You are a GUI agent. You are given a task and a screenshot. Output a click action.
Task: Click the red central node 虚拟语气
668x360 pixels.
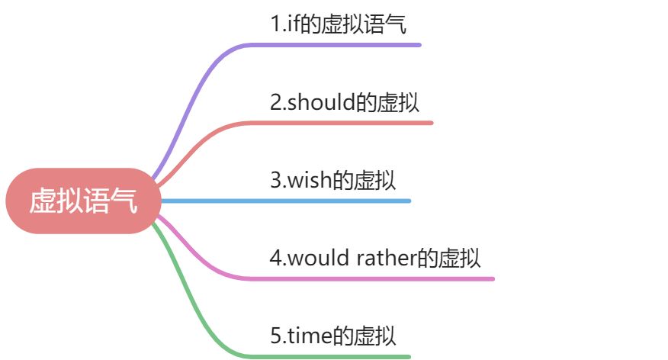pos(83,201)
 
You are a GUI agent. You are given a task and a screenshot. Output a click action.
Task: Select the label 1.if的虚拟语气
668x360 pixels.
pos(338,24)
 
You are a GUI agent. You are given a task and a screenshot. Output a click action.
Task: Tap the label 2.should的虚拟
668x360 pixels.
pos(345,103)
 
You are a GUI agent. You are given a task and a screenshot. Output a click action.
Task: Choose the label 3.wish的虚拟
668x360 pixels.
pos(332,181)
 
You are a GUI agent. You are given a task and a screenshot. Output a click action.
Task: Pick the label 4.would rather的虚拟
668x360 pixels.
pos(374,258)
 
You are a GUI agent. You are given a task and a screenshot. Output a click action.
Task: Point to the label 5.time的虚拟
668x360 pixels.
pos(333,336)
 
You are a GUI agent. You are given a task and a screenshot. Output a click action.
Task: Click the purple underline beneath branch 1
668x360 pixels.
pos(343,45)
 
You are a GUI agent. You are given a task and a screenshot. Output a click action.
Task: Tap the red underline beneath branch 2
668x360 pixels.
pos(351,123)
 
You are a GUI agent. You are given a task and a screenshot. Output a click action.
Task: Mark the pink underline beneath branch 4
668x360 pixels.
pos(381,278)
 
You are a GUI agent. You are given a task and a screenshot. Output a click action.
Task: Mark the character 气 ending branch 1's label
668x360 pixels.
pos(396,25)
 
